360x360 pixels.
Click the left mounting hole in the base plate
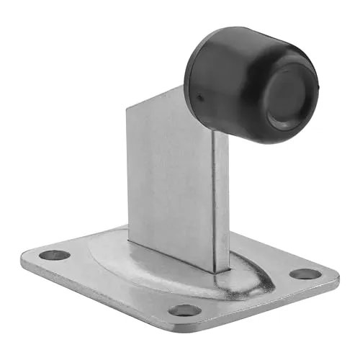55,255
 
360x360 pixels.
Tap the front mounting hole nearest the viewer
185,310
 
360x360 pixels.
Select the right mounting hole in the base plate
305,274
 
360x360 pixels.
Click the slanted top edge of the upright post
155,99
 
